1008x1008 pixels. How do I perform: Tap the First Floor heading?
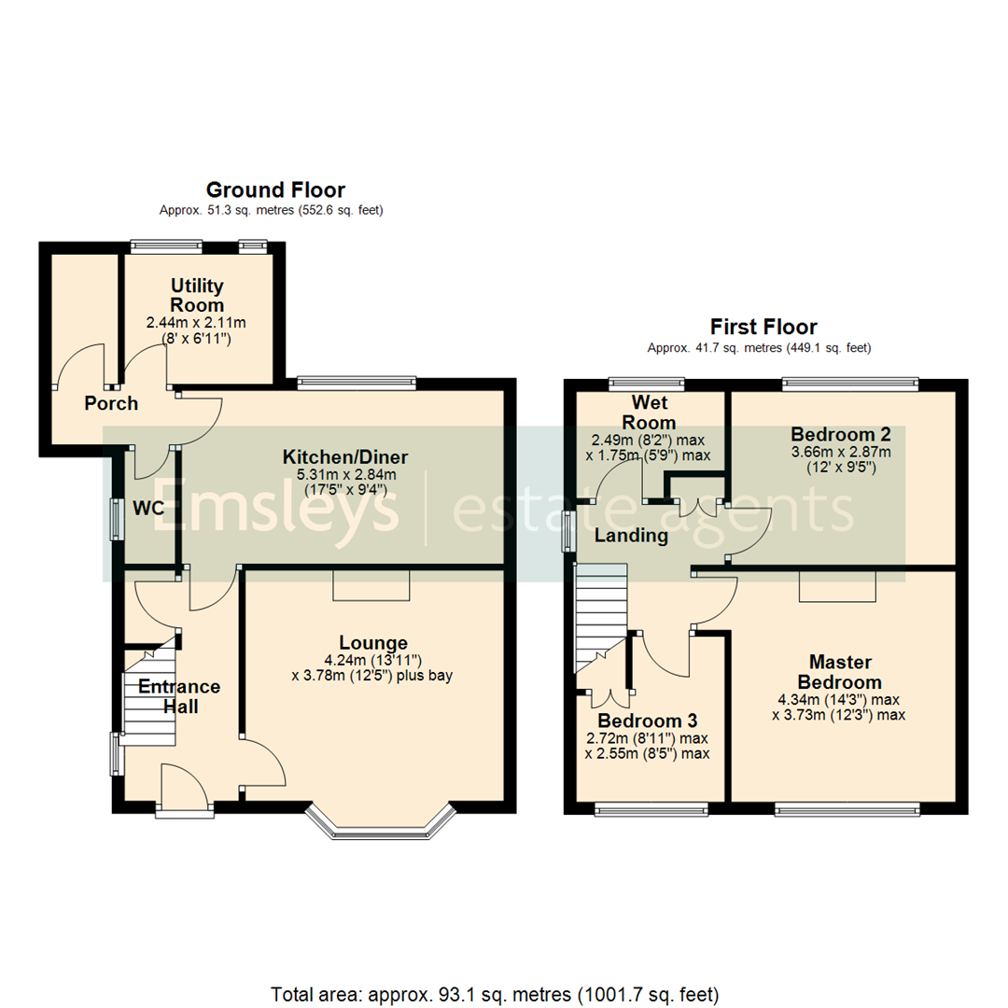point(763,327)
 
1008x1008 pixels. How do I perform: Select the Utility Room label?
point(197,295)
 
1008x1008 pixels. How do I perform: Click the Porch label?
point(111,403)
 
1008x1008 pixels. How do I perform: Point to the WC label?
point(148,509)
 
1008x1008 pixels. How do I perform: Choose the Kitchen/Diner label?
point(345,457)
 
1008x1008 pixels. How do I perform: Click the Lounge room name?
point(373,642)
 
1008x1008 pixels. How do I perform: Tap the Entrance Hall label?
point(179,696)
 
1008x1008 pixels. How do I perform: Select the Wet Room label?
point(652,413)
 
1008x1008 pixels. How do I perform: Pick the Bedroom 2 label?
point(840,434)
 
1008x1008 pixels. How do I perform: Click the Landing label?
point(632,536)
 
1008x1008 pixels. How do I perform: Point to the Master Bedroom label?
point(840,671)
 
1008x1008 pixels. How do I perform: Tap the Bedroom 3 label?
point(648,721)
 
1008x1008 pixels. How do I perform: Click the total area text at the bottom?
point(495,992)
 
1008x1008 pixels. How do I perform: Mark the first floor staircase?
point(597,616)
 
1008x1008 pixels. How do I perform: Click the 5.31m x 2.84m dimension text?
point(345,475)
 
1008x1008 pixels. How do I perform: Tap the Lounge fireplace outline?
point(371,584)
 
